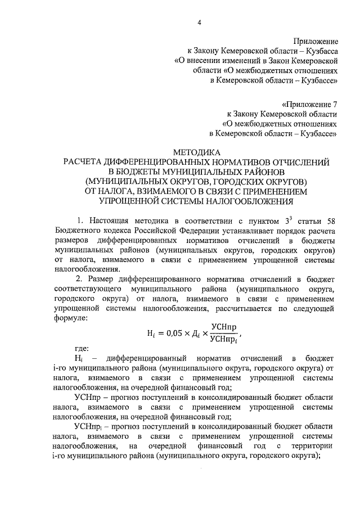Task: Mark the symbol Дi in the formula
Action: pyautogui.click(x=194, y=333)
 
